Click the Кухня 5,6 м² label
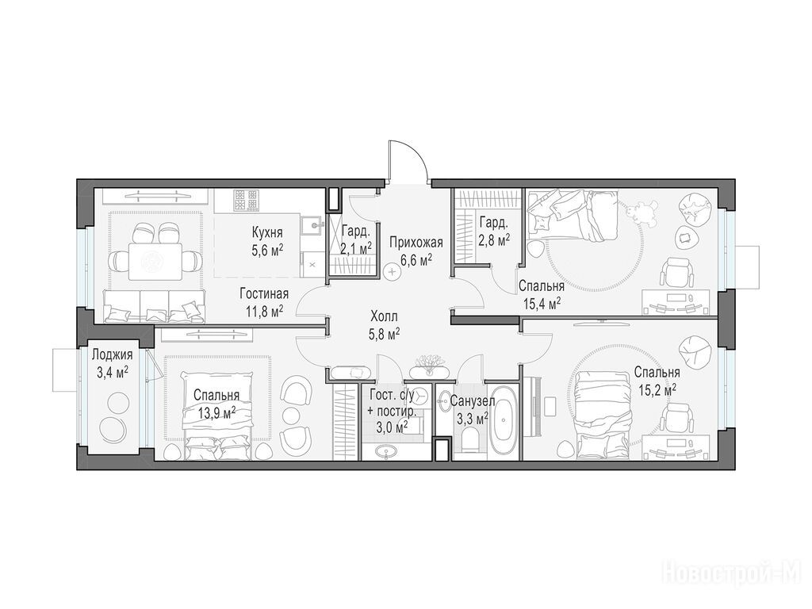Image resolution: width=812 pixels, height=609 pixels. pyautogui.click(x=267, y=241)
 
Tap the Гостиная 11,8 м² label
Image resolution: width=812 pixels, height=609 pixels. pyautogui.click(x=264, y=303)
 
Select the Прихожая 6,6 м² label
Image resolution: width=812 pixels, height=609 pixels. pyautogui.click(x=416, y=251)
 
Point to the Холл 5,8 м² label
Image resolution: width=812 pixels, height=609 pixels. pyautogui.click(x=384, y=324)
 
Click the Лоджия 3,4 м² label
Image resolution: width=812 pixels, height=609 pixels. pyautogui.click(x=112, y=363)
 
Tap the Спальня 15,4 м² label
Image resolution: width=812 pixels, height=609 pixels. pyautogui.click(x=541, y=294)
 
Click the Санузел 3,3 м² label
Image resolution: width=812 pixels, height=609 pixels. pyautogui.click(x=473, y=409)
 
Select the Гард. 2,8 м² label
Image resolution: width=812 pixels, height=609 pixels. pyautogui.click(x=494, y=231)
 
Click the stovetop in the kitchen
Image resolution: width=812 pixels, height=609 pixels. pyautogui.click(x=246, y=201)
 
